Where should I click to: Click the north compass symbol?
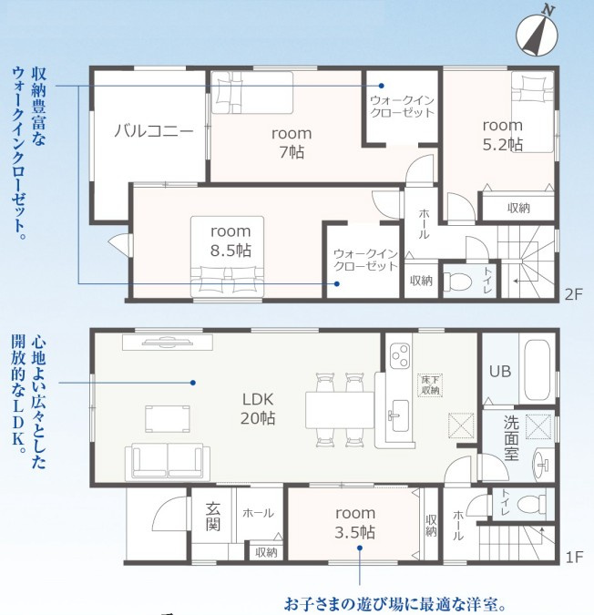(537, 35)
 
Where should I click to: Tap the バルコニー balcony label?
(154, 130)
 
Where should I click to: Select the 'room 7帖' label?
(292, 143)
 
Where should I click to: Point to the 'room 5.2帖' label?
(503, 135)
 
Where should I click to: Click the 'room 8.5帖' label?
(230, 241)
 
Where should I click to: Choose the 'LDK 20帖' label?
(258, 409)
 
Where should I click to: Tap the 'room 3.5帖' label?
(355, 523)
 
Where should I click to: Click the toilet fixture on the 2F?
(456, 282)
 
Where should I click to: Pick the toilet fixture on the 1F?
(532, 504)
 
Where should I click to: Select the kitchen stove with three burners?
(400, 356)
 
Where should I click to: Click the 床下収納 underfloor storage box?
(430, 385)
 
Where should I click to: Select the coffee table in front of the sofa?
(168, 419)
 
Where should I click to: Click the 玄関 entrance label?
(213, 517)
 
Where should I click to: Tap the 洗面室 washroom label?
(511, 438)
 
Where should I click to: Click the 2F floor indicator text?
(574, 294)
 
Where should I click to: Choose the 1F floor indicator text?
(574, 557)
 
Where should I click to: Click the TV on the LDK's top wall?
(168, 342)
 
